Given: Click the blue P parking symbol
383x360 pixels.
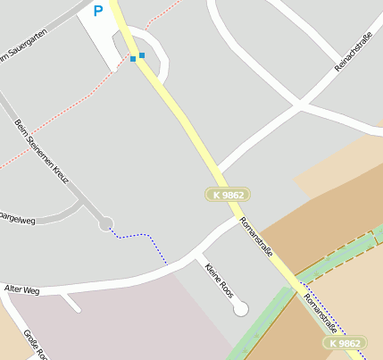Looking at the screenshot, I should [97, 11].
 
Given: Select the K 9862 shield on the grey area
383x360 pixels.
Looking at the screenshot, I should [227, 194].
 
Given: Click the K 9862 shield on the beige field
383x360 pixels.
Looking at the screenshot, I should [345, 343].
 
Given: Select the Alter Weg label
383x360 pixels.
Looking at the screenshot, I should [22, 289].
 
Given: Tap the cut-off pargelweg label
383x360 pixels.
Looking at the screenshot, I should [18, 217].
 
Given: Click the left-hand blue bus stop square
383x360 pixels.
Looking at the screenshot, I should [133, 59].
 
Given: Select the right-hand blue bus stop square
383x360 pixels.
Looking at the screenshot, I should [142, 55].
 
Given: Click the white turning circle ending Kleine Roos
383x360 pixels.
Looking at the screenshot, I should [239, 309].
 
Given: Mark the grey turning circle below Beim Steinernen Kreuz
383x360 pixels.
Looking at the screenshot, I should [106, 223].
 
